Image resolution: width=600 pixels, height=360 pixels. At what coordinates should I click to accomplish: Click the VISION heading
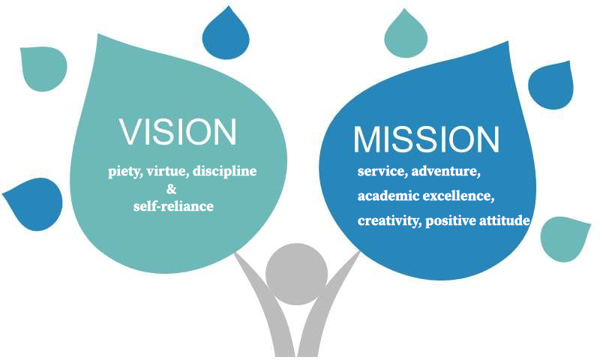coord(178,131)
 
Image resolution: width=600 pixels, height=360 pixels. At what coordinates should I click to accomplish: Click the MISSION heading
coord(426,139)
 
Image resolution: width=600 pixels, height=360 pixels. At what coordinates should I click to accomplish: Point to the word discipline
coord(224,171)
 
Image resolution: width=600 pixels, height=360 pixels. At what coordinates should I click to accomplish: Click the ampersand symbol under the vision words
coord(172,189)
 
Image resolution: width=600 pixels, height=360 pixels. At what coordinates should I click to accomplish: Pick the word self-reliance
coord(173,206)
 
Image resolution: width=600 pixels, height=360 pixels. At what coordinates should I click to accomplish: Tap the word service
coord(382,171)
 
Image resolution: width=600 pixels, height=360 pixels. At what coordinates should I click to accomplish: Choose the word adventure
coord(445,171)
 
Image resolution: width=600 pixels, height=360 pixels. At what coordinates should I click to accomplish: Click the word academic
coord(385,196)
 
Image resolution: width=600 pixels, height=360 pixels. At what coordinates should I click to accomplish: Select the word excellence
coord(455,196)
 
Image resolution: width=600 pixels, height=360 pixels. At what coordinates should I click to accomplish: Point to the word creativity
coord(389,220)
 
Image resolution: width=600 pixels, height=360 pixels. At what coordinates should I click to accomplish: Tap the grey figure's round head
coord(296,274)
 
